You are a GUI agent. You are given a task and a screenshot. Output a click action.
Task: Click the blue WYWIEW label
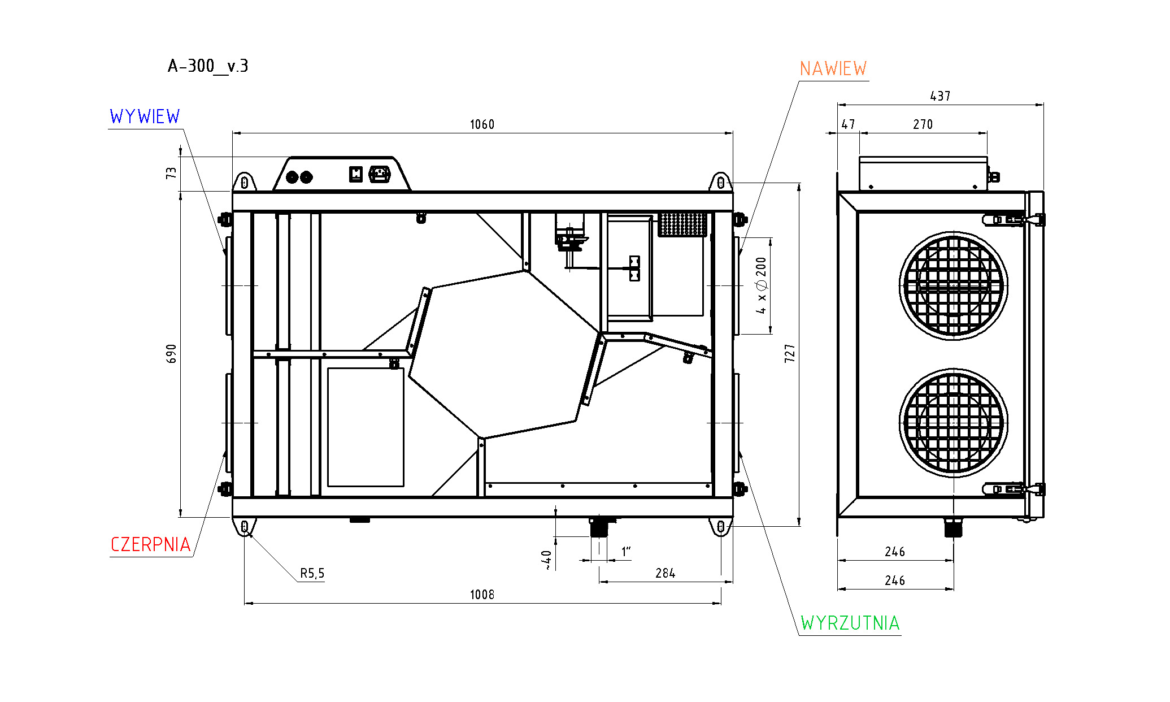145,117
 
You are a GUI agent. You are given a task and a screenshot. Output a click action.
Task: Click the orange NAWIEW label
833,69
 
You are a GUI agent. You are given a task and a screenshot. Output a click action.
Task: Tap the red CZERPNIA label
150,545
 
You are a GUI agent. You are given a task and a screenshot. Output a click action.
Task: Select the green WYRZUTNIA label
850,623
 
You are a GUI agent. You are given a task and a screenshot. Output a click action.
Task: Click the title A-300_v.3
208,67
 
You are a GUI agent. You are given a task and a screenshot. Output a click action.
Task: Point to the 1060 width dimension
482,125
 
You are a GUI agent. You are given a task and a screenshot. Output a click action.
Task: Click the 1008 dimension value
482,595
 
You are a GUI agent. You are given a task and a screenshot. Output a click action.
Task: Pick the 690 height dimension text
172,354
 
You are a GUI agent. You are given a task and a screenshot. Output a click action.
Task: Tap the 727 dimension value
790,353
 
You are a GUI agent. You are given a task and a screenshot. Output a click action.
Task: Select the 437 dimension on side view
940,97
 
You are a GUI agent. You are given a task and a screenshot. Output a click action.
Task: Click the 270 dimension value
923,125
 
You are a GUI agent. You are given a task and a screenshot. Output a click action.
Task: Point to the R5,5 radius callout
312,574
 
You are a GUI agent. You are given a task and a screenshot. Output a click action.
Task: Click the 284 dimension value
665,574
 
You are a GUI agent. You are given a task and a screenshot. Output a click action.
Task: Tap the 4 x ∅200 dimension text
762,285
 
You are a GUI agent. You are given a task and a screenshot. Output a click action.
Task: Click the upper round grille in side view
953,285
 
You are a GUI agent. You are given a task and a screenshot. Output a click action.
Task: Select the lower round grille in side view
953,423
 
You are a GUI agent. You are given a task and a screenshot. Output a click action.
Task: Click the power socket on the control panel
380,174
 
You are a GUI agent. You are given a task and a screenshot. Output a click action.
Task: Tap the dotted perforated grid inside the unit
682,224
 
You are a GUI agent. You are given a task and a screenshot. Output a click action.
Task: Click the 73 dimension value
171,173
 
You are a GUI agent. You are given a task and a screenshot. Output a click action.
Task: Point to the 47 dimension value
848,125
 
